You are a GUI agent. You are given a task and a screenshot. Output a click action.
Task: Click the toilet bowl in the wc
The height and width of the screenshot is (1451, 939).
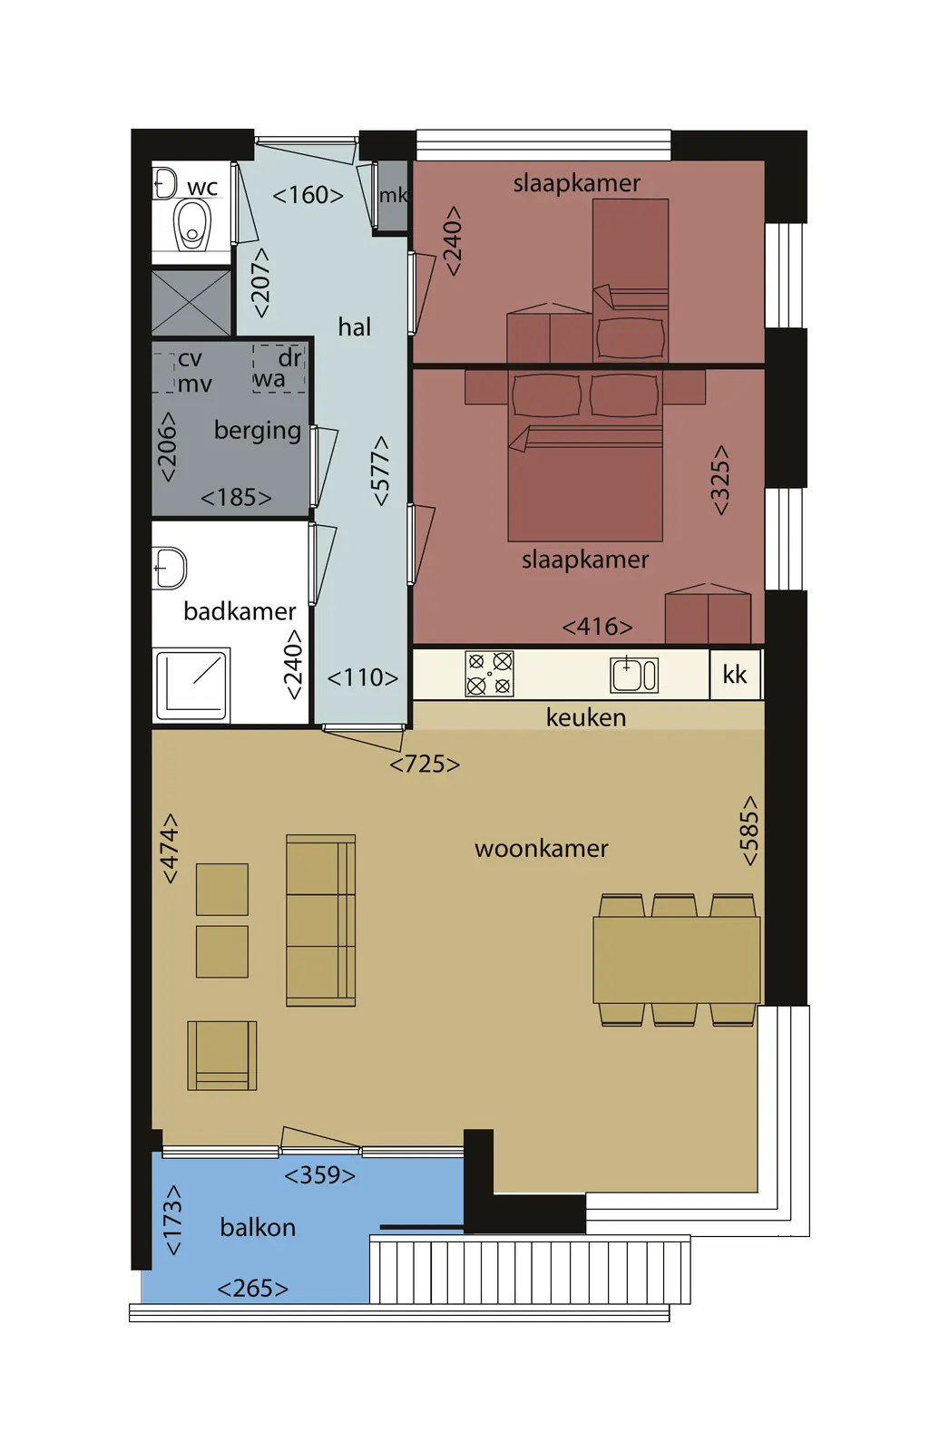click(x=191, y=224)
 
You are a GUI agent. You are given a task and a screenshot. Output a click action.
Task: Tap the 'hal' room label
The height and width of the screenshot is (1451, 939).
click(x=355, y=327)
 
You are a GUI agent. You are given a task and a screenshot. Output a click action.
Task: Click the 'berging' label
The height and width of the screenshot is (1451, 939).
click(x=258, y=430)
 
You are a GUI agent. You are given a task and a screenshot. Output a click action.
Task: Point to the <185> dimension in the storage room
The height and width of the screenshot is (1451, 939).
click(x=236, y=498)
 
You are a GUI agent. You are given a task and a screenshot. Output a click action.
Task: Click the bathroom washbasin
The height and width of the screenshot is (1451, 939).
click(x=170, y=569)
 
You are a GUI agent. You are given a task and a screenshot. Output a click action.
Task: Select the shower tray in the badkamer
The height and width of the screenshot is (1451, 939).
click(x=191, y=686)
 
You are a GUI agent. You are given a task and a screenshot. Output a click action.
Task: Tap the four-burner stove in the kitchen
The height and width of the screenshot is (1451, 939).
click(x=489, y=674)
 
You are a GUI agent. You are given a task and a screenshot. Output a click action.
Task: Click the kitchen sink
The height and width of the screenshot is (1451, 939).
click(x=634, y=674)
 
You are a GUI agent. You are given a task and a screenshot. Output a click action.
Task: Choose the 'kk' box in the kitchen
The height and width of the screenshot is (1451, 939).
click(x=735, y=675)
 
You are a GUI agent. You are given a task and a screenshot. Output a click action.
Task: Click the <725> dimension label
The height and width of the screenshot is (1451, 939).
click(x=425, y=764)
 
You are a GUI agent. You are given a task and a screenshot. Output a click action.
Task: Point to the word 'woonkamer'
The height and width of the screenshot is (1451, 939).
click(x=541, y=849)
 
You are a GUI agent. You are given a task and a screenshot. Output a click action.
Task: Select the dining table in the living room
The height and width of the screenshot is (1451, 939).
click(x=677, y=960)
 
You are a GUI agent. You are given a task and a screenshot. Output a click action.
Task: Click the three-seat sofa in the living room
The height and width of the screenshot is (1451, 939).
click(x=321, y=920)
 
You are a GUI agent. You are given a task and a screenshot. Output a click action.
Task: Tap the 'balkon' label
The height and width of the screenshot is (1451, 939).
click(x=258, y=1228)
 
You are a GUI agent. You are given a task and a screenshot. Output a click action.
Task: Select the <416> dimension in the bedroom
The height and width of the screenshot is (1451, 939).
click(x=598, y=627)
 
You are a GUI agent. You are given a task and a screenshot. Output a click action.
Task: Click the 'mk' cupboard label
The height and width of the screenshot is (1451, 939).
click(x=394, y=195)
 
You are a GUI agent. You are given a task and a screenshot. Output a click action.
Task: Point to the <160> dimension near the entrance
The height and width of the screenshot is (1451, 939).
click(x=308, y=195)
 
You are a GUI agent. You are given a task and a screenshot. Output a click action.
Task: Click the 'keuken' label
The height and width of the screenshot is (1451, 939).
click(x=586, y=717)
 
